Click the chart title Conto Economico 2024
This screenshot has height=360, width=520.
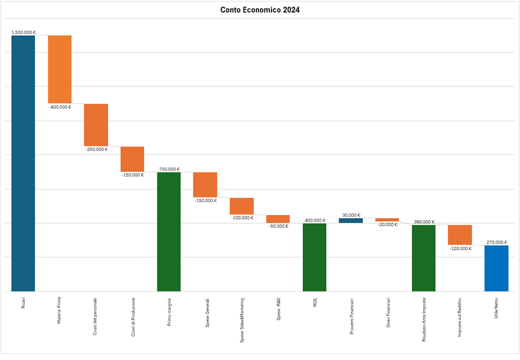[260, 10]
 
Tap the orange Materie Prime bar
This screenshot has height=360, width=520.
[60, 69]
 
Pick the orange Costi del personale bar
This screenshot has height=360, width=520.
[96, 125]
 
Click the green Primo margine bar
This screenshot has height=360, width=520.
[169, 232]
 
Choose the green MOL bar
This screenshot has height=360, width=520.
[315, 257]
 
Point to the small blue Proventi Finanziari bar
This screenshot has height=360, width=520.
[351, 220]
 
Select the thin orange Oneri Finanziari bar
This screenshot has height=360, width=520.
[387, 220]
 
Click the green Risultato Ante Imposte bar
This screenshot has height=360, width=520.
[424, 258]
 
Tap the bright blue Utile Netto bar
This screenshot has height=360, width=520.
[496, 268]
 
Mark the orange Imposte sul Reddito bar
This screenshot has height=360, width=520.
[460, 235]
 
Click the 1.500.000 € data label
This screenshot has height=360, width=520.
[23, 32]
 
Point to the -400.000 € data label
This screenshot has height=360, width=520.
[60, 107]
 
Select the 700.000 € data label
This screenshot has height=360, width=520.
[169, 169]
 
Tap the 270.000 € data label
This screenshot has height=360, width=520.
[496, 242]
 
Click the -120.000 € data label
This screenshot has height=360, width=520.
[460, 248]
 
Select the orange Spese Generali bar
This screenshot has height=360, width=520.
[205, 185]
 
